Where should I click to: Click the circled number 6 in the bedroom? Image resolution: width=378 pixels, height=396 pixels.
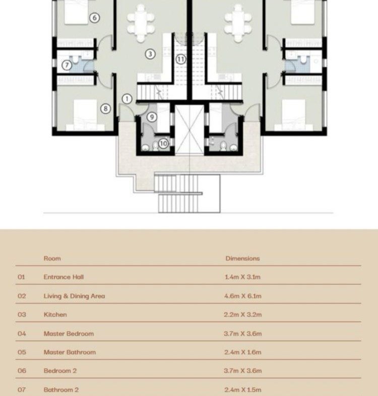click(95, 18)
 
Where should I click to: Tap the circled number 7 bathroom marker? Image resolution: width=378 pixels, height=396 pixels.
click(67, 65)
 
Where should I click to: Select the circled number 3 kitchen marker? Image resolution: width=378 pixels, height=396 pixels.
click(150, 54)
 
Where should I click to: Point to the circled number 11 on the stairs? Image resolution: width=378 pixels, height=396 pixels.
click(180, 60)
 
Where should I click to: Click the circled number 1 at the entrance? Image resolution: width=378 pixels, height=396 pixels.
click(127, 99)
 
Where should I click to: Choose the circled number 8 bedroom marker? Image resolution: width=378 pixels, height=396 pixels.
click(105, 108)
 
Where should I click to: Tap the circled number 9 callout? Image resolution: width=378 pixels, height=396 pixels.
click(152, 117)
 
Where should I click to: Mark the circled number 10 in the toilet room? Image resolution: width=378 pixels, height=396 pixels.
click(163, 144)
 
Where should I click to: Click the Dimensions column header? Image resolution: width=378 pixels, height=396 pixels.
click(242, 258)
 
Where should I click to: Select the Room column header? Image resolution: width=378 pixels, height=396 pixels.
click(52, 258)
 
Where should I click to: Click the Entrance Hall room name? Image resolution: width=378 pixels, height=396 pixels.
click(64, 277)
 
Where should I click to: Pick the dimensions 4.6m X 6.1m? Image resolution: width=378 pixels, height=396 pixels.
click(243, 296)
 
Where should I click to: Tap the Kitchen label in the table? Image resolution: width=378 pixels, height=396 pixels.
click(55, 314)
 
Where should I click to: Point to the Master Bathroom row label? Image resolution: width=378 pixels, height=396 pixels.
click(70, 352)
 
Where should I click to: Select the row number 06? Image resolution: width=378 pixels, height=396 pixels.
click(22, 371)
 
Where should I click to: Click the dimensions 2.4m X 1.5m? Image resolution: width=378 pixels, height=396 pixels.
click(243, 389)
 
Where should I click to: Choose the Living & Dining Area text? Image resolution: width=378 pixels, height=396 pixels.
click(74, 296)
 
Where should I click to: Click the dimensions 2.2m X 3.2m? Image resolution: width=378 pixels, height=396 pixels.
click(243, 314)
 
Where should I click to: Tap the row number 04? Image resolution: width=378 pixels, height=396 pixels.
click(22, 333)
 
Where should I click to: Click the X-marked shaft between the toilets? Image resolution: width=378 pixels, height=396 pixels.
click(190, 129)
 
